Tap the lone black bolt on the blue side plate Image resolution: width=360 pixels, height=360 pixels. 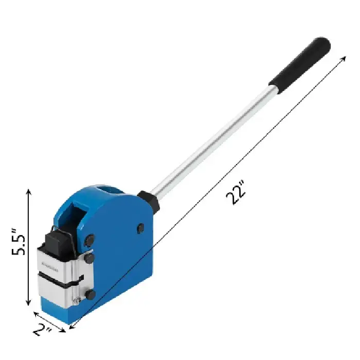140,228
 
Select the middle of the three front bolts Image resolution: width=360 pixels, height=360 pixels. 88,256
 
